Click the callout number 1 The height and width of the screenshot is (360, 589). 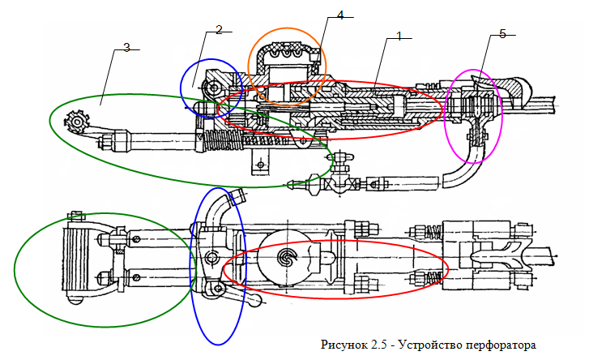tap(399, 36)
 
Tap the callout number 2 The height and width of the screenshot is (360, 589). tap(219, 30)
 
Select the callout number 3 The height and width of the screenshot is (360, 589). tap(126, 48)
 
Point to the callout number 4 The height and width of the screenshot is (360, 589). tap(340, 15)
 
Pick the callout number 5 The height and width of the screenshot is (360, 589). tap(502, 34)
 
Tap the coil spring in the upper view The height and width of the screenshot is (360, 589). tap(224, 141)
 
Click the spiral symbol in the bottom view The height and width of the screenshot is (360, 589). tap(288, 258)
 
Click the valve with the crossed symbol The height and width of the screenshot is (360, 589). tap(340, 183)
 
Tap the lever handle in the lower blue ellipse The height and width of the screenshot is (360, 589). tap(241, 297)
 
